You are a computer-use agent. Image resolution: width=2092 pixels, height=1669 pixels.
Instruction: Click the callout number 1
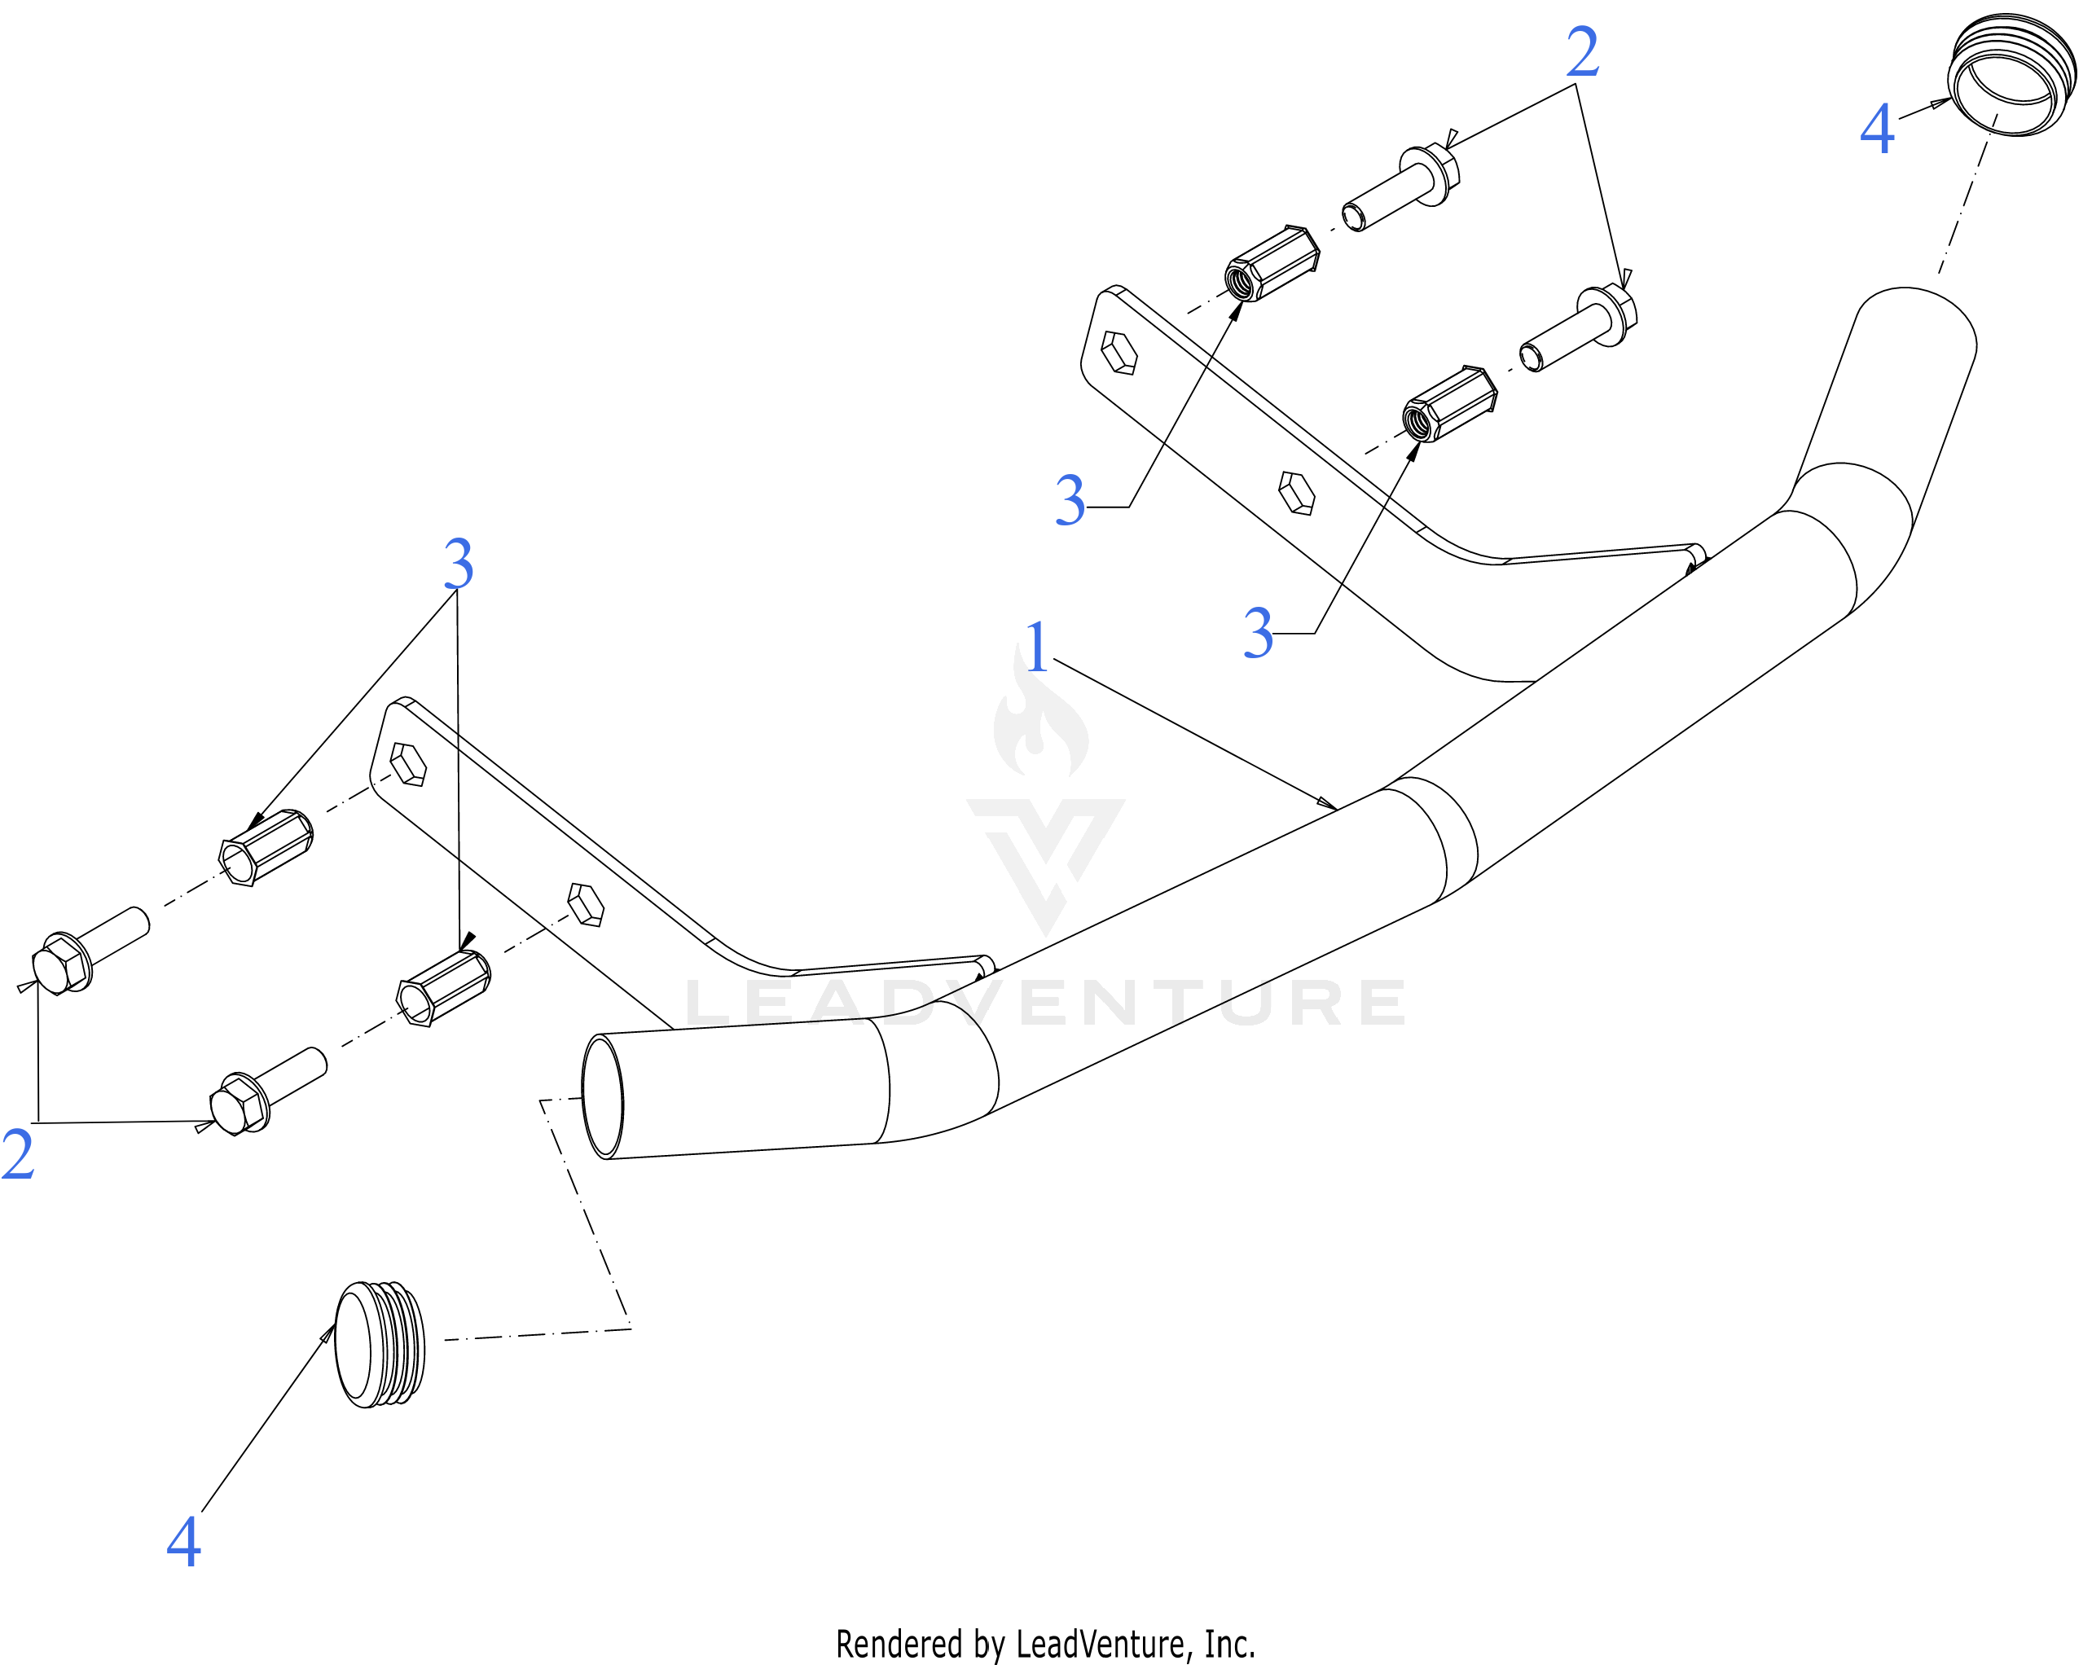[1037, 648]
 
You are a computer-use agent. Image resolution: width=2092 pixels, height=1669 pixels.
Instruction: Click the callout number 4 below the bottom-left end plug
[184, 1542]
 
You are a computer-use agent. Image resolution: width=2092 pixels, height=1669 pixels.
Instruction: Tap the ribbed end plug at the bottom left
[380, 1345]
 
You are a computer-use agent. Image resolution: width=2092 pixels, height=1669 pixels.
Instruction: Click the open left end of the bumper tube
[603, 1096]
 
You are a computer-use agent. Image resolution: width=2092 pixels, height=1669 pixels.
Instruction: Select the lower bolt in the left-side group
[269, 1091]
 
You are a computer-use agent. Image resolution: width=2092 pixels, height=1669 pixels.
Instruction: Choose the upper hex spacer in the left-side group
[266, 848]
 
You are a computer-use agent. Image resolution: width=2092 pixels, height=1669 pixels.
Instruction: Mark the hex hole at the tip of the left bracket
[408, 764]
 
